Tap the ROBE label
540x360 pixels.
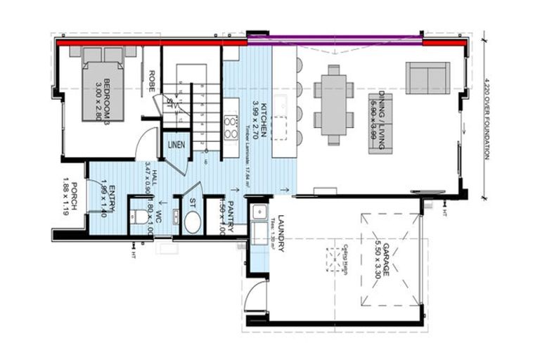click(x=151, y=83)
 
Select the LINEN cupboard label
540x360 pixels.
click(x=176, y=145)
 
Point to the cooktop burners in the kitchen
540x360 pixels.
click(x=230, y=127)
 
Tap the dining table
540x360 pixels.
click(x=333, y=105)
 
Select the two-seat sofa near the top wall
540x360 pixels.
click(x=427, y=77)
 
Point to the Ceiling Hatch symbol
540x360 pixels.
click(x=335, y=260)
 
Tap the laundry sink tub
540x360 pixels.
click(x=259, y=211)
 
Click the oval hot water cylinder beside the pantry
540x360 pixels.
click(x=192, y=221)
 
